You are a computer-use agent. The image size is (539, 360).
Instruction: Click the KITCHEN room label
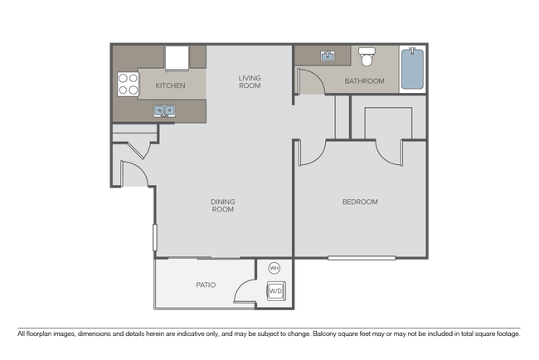click(170, 85)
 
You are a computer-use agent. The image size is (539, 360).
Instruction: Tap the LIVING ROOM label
click(250, 82)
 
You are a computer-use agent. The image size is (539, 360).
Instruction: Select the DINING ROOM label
click(223, 205)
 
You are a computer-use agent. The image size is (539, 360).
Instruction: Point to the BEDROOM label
click(360, 202)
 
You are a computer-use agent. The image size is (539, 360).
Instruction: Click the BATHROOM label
click(364, 81)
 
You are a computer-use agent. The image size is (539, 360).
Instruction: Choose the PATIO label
click(206, 285)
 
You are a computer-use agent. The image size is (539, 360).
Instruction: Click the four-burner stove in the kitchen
click(128, 84)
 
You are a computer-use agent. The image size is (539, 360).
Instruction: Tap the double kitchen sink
click(164, 110)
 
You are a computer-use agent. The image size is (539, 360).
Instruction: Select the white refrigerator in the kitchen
click(177, 58)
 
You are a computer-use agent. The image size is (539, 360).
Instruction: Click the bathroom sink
click(328, 56)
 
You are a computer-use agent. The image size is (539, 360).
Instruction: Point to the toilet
click(367, 56)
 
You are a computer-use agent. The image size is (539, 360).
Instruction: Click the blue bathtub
click(412, 69)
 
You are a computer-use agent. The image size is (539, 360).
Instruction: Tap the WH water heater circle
click(274, 268)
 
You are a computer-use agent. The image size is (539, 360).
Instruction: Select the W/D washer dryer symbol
click(276, 291)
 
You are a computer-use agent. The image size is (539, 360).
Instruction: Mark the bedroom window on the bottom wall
click(362, 257)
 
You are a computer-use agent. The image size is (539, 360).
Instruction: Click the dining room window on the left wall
click(155, 237)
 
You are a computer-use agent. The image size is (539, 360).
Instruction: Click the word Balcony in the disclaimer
click(325, 333)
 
